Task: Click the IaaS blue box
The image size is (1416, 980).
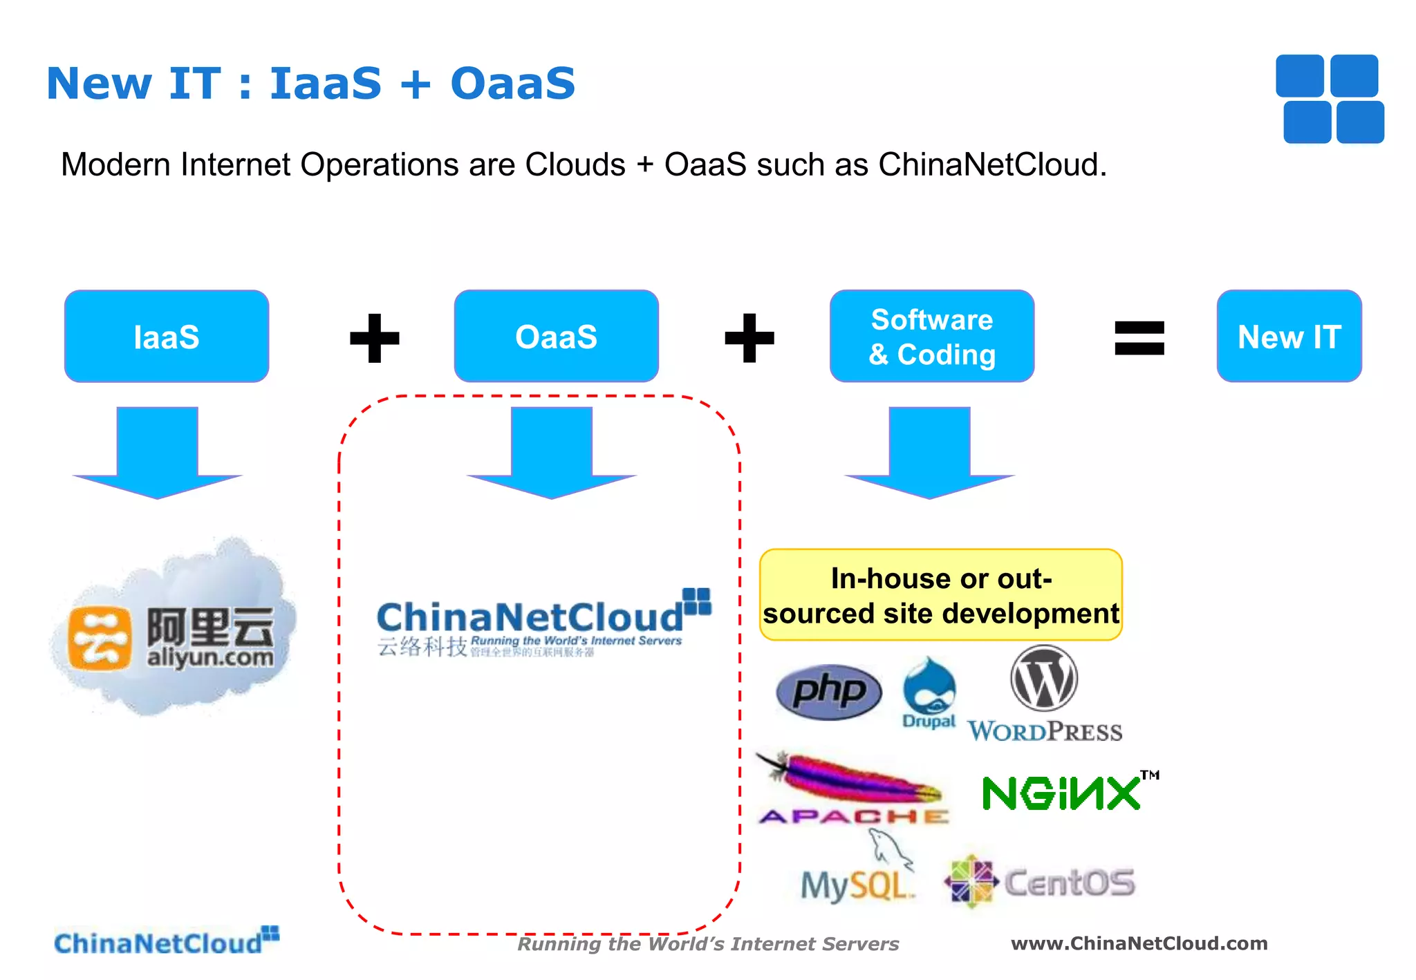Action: (x=167, y=337)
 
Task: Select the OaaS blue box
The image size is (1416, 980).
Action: (x=556, y=337)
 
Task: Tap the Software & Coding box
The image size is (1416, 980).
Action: (x=931, y=337)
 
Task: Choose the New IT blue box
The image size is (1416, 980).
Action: (x=1289, y=337)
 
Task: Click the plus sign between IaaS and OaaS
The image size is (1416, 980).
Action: (x=375, y=338)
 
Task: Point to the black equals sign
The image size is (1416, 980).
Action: (x=1139, y=338)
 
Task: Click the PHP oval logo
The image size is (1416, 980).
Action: (x=829, y=692)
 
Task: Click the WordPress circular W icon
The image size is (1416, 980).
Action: (x=1044, y=679)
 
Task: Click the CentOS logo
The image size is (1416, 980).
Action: (x=1041, y=882)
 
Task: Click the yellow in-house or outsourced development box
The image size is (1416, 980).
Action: (x=940, y=595)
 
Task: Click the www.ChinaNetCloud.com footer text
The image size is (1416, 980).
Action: (x=1139, y=943)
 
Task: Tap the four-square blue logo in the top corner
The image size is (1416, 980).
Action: (x=1330, y=99)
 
